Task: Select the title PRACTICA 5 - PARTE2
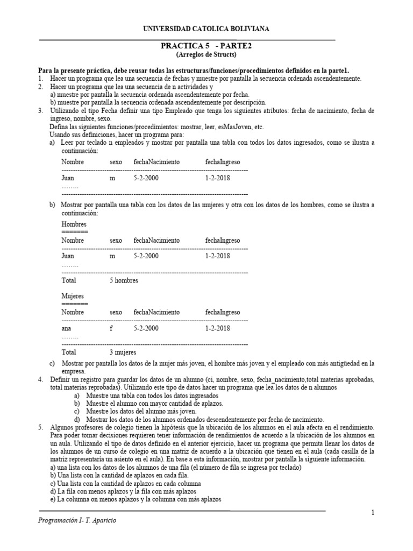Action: [x=206, y=46]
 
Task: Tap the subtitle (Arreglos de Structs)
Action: [x=206, y=55]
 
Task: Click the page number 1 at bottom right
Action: [x=372, y=512]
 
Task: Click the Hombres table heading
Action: [x=74, y=224]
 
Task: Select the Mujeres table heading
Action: [x=73, y=296]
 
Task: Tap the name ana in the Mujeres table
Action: [x=67, y=328]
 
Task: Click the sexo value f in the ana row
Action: [x=111, y=328]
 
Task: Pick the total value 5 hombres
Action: [x=124, y=280]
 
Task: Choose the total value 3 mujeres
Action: [x=123, y=352]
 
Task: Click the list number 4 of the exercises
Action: [x=40, y=379]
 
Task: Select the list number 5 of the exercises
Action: [x=40, y=427]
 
